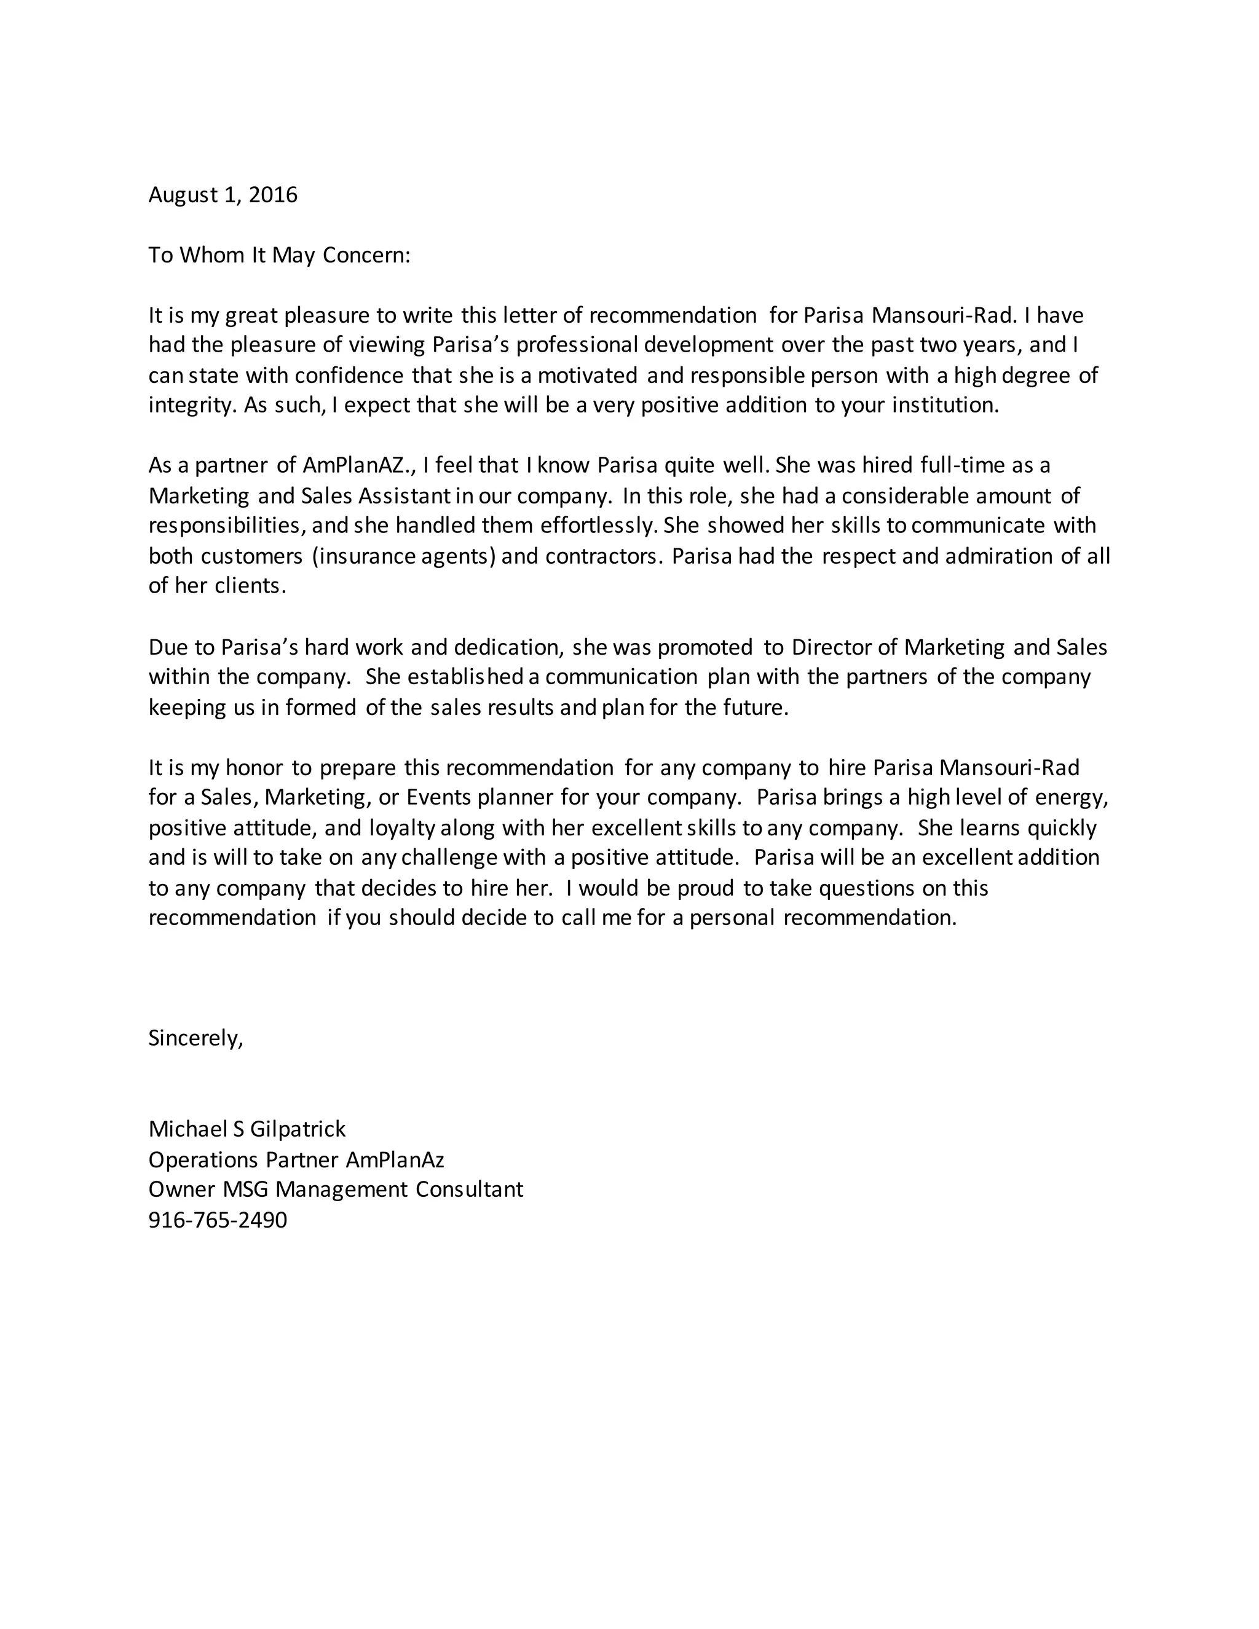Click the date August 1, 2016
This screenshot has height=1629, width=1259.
pos(223,195)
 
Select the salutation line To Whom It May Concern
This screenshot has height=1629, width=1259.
pos(279,255)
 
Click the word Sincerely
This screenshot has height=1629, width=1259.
pos(195,1038)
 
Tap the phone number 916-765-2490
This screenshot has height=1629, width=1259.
pos(217,1220)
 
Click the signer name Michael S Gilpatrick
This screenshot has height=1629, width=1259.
pos(247,1129)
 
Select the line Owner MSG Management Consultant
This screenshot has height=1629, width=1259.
pos(336,1189)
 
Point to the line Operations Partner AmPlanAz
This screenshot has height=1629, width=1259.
pos(296,1159)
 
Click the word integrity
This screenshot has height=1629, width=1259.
pos(192,405)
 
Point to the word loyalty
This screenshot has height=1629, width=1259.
pos(403,828)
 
